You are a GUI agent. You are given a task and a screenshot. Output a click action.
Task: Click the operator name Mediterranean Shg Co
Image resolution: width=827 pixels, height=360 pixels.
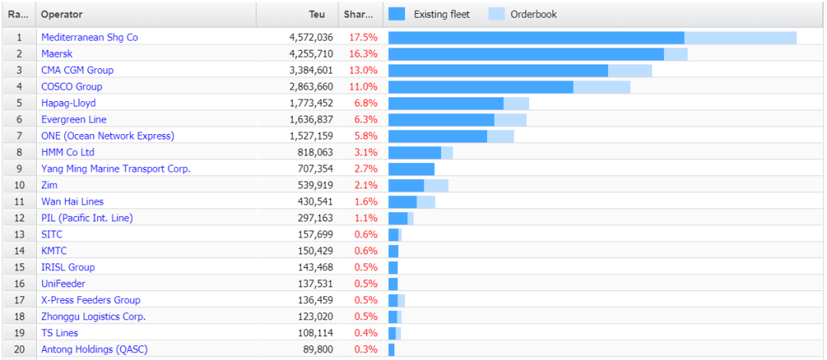point(90,37)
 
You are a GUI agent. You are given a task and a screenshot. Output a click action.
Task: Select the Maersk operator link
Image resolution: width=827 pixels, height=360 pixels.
point(57,54)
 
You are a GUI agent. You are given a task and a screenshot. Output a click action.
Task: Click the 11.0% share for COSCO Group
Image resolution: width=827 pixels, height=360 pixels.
point(363,87)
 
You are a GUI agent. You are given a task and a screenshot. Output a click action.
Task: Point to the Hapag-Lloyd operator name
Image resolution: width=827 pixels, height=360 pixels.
point(68,103)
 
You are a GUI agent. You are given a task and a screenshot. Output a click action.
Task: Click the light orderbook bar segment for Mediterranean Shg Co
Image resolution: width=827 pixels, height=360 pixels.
point(740,38)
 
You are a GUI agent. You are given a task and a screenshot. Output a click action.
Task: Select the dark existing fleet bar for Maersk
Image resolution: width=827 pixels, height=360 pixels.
point(526,54)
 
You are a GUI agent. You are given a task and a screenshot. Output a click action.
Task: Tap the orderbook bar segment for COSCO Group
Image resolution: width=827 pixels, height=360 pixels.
point(601,87)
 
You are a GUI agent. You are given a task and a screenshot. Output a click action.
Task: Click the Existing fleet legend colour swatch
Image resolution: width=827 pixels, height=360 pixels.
point(397,14)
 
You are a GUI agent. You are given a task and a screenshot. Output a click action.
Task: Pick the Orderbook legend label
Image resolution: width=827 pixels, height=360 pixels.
point(533,14)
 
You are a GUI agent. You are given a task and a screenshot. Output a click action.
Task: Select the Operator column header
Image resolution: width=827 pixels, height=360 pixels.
point(62,14)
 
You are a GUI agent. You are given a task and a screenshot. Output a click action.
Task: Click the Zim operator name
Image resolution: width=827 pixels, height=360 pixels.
point(49,185)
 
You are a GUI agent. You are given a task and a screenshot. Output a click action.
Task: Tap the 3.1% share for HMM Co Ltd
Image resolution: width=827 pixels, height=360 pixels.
point(365,152)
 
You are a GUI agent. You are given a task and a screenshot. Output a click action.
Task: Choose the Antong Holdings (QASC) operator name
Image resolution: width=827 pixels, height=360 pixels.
point(94,349)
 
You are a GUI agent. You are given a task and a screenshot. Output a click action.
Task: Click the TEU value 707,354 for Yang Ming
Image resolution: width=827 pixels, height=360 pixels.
point(315,169)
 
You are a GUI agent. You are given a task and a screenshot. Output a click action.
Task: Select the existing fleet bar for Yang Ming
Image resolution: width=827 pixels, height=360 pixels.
point(411,169)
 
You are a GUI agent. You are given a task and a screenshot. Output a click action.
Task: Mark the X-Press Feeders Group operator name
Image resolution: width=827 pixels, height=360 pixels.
point(90,299)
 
